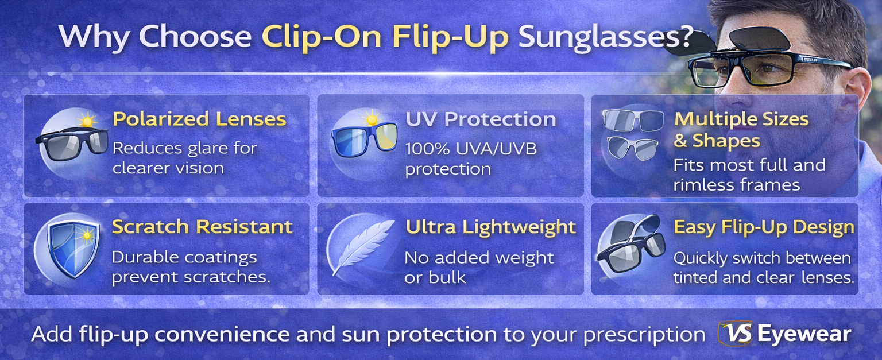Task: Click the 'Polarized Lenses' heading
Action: tap(199, 119)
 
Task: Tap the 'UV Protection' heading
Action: tap(481, 119)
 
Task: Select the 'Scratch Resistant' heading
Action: tap(202, 227)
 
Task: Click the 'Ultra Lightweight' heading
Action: tap(490, 227)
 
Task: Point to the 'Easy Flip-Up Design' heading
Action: tap(764, 227)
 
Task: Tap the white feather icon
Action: tap(355, 247)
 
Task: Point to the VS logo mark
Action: tap(734, 334)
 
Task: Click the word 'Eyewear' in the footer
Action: tap(804, 334)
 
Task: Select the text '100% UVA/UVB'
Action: tap(471, 149)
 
